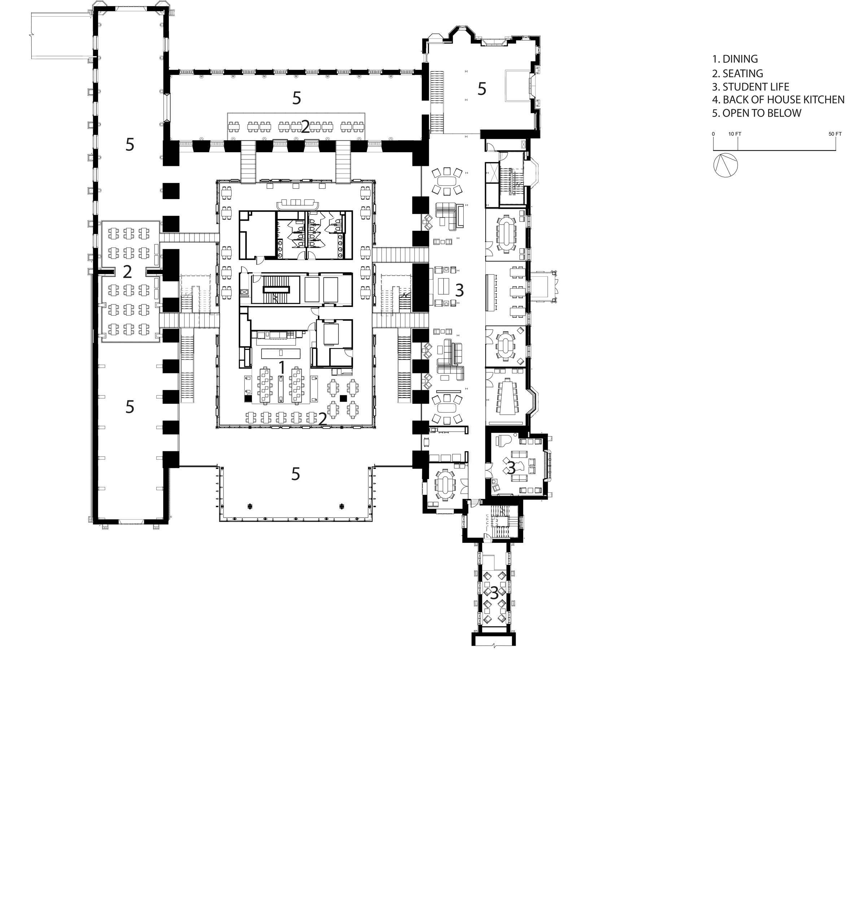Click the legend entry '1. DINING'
coord(735,59)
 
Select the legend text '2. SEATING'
coord(737,73)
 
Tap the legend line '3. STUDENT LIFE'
coord(751,87)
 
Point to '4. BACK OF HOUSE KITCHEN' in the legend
coord(778,100)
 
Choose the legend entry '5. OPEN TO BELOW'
coord(756,113)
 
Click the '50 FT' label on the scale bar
coord(835,134)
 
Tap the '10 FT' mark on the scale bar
coord(735,134)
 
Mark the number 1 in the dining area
coord(281,367)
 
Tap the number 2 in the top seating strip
coord(305,127)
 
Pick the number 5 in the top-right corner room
coord(482,89)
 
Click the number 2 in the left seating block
coord(127,272)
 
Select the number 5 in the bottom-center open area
coord(296,474)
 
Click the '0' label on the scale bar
coord(713,134)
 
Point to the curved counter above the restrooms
coord(297,203)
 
